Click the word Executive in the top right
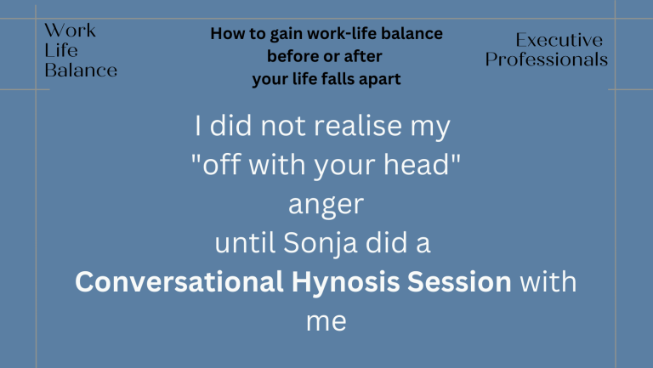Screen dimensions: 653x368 coord(559,40)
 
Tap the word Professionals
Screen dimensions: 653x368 coord(547,59)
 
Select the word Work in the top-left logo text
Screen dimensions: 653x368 coord(70,31)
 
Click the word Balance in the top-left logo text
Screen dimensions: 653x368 coord(81,70)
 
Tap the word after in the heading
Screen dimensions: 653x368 coord(363,56)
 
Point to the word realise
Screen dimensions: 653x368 coord(358,125)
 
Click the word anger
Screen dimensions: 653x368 coord(326,205)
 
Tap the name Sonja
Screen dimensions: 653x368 coord(321,243)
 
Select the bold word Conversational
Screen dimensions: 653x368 coord(179,282)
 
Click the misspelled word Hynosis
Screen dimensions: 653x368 coord(346,283)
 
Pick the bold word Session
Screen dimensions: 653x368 coord(459,282)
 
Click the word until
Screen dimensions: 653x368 coord(245,243)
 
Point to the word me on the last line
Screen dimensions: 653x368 coord(326,322)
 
